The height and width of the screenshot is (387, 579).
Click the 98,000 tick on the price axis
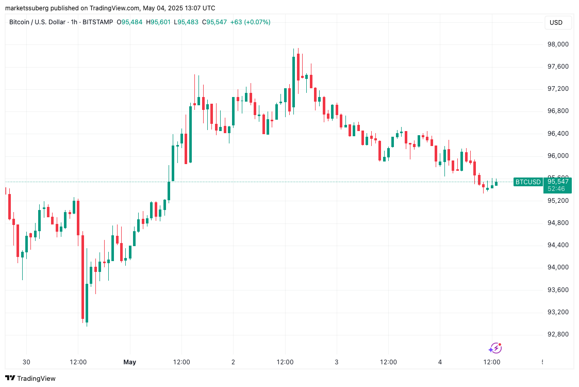point(558,44)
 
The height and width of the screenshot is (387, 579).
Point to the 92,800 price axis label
point(558,334)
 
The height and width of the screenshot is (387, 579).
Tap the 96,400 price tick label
point(558,134)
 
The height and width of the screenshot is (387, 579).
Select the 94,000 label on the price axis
point(558,267)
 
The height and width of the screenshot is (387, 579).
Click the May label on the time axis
point(130,362)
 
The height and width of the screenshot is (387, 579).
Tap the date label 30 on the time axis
point(26,362)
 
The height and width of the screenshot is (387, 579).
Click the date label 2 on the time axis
point(233,362)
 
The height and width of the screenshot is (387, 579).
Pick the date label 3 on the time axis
point(337,362)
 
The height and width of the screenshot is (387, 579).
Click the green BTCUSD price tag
point(528,182)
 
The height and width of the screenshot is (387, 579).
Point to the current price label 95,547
point(558,181)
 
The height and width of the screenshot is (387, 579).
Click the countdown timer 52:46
point(556,189)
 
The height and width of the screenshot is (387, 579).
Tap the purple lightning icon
point(495,348)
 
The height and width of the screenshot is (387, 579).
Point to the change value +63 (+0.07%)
point(250,22)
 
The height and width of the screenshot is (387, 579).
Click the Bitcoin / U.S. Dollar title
point(40,22)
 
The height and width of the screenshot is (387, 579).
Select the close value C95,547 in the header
point(214,22)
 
